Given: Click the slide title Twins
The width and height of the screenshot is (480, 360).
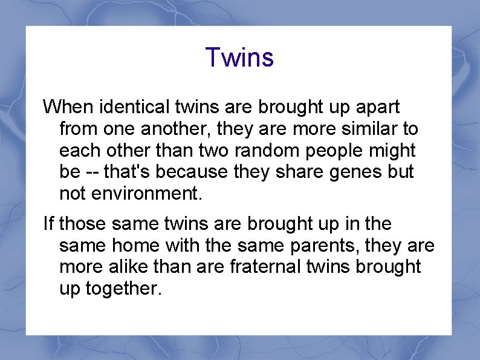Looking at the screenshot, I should tap(239, 57).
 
